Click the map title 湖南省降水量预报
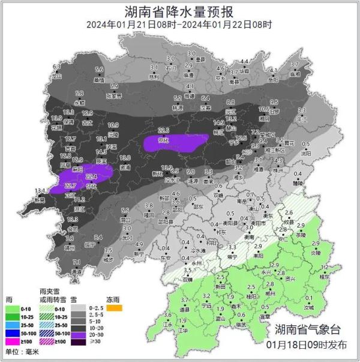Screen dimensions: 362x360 179,11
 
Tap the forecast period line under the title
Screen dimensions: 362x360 179,25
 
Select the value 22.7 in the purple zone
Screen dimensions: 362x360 70,186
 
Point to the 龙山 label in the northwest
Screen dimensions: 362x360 57,77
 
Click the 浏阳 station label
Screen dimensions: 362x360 306,153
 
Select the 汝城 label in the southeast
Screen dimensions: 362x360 309,307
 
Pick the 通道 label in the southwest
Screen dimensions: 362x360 76,271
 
